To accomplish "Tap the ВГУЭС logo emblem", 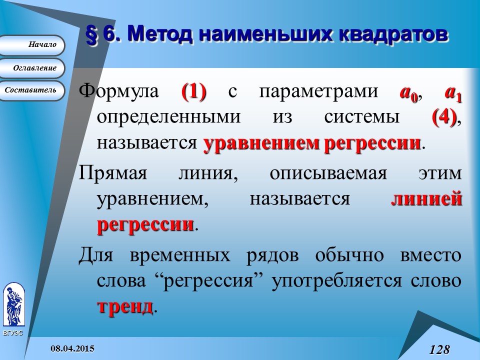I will pyautogui.click(x=13, y=304).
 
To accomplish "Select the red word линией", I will pyautogui.click(x=426, y=198).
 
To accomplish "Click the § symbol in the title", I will pyautogui.click(x=91, y=35).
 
